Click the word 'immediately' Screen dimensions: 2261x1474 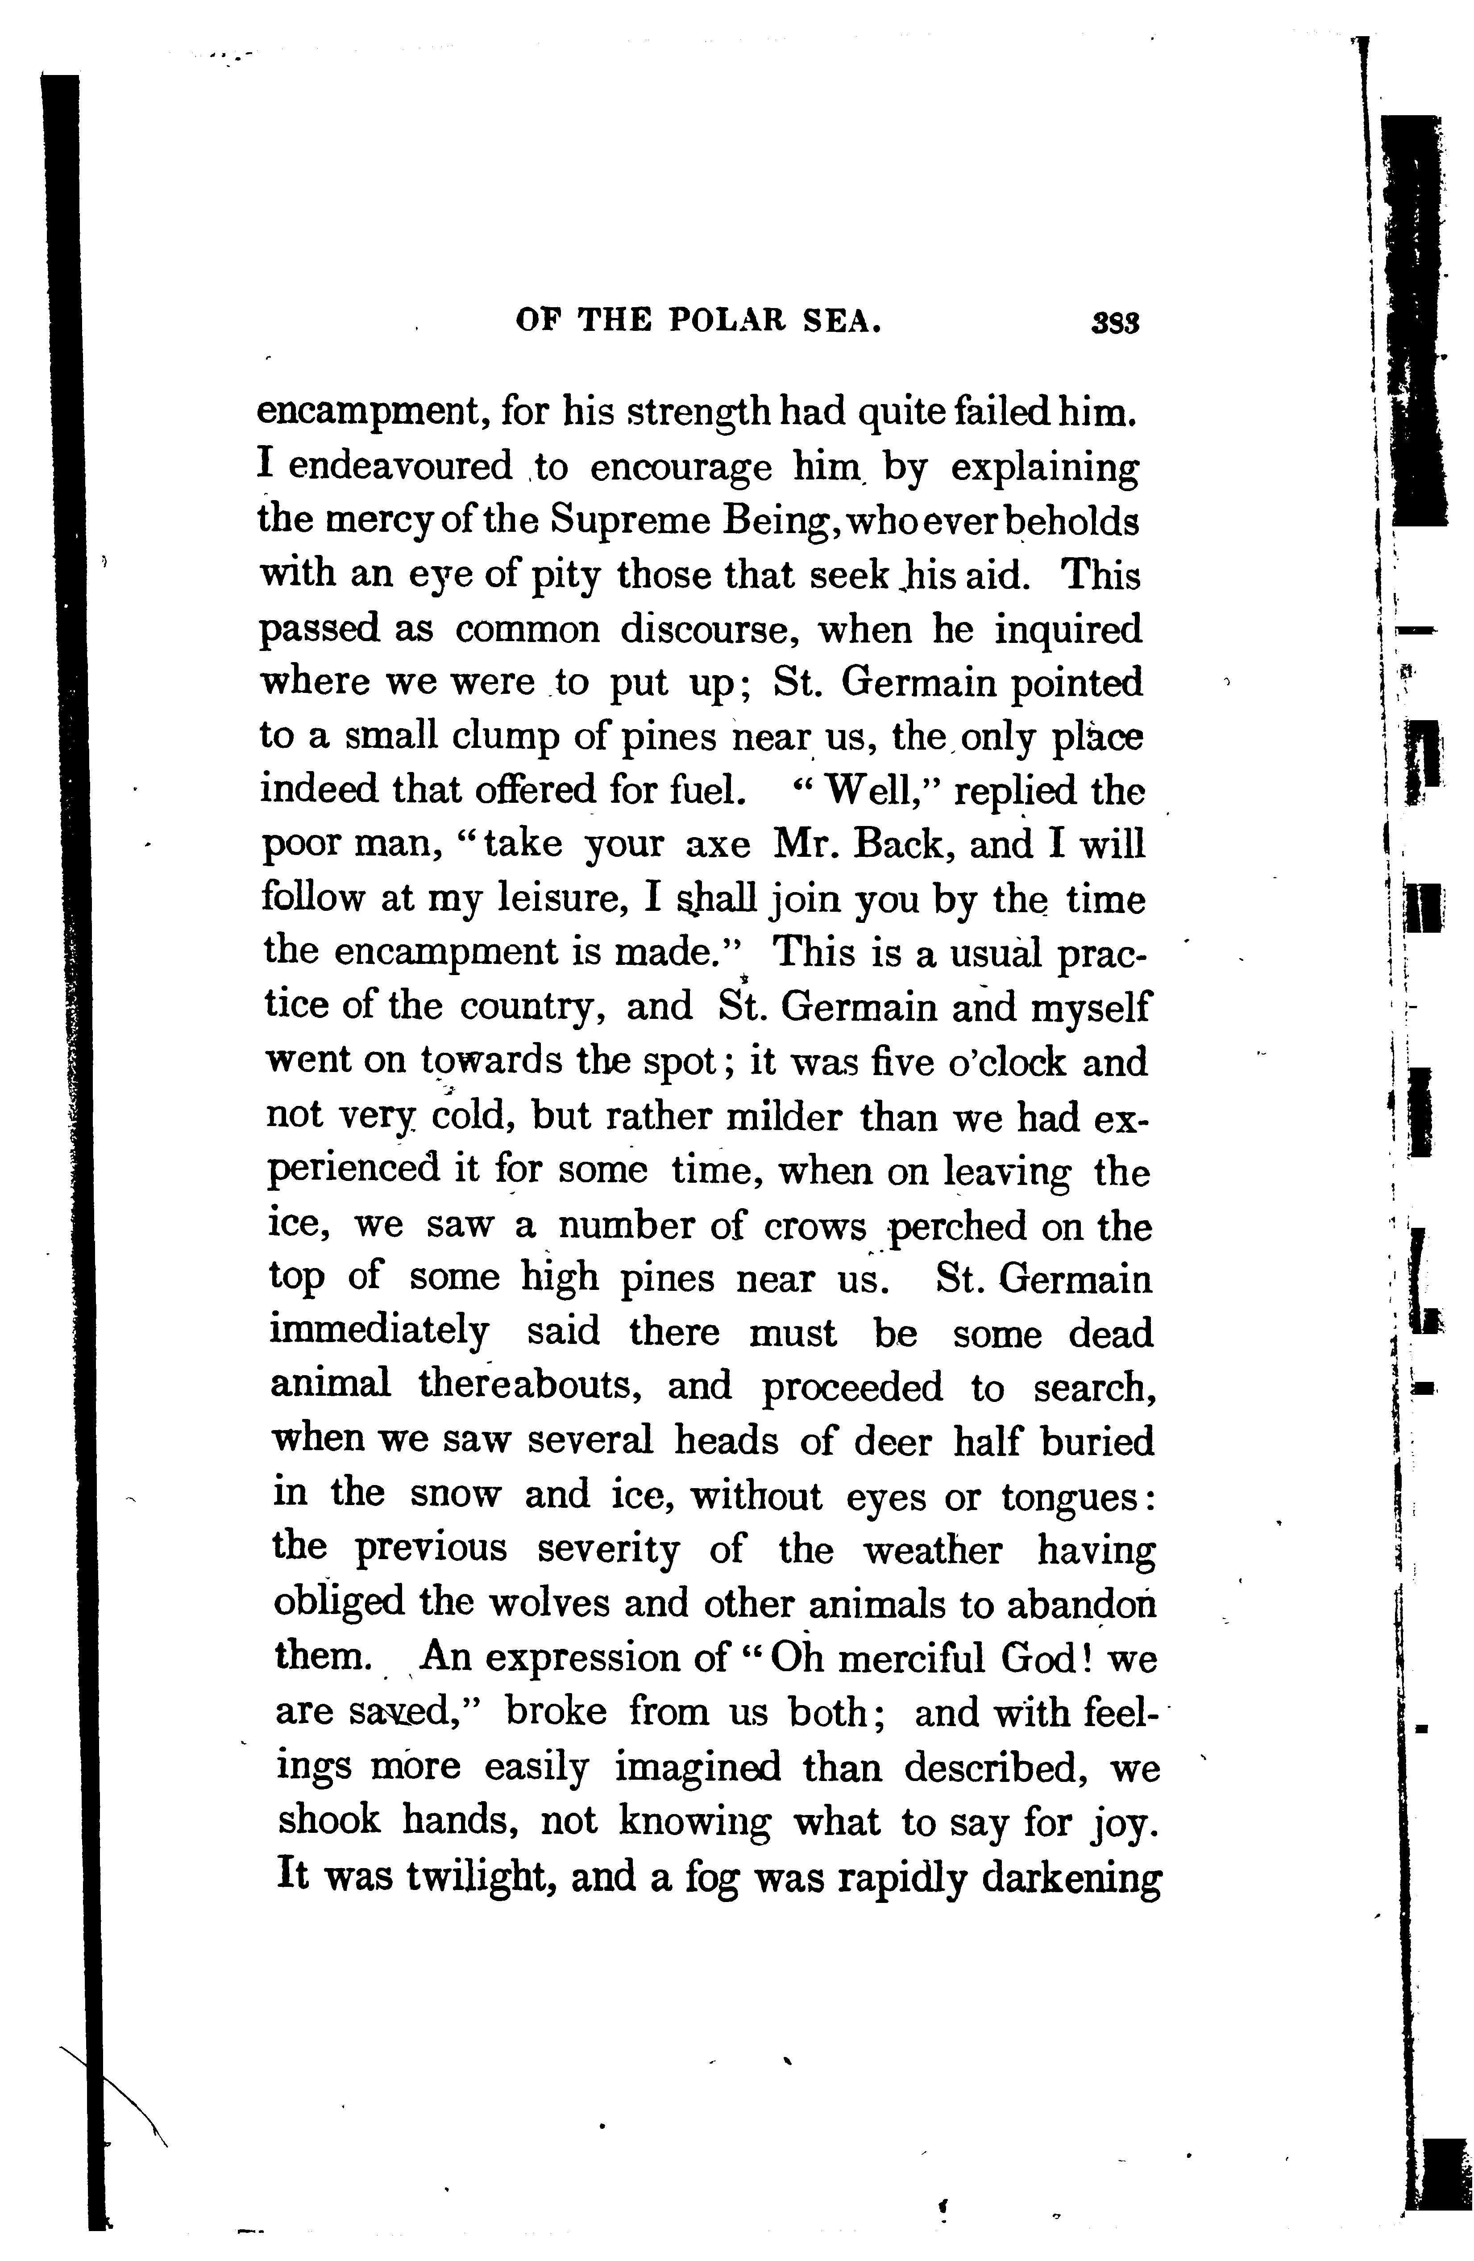coord(379,1334)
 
